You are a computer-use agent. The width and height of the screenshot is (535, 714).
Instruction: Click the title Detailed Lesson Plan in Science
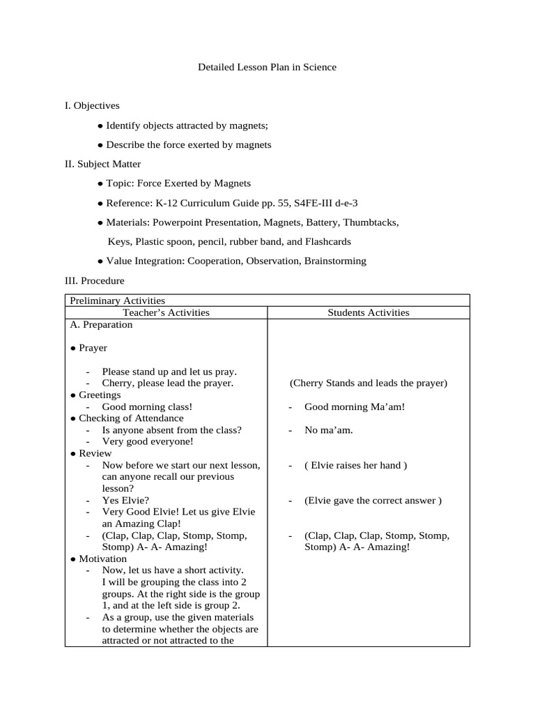click(267, 67)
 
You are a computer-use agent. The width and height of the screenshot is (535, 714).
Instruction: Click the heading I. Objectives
click(92, 105)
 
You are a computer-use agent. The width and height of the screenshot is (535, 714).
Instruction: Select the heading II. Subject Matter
click(102, 164)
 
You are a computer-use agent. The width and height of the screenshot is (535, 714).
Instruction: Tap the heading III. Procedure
click(94, 280)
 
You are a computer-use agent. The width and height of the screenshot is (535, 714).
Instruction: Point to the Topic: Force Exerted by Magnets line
click(174, 183)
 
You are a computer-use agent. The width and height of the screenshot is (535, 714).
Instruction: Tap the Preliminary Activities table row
click(117, 300)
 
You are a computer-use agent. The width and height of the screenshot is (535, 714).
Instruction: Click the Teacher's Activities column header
click(166, 312)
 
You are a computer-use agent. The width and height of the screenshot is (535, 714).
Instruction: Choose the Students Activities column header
click(369, 312)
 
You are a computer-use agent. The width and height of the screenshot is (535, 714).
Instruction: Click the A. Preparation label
click(101, 324)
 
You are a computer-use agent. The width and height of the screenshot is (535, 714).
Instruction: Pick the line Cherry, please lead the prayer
click(167, 383)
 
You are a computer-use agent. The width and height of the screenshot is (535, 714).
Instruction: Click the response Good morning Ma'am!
click(354, 407)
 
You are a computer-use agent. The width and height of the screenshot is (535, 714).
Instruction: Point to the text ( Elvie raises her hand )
click(355, 465)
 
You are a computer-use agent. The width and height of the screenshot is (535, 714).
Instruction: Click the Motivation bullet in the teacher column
click(102, 559)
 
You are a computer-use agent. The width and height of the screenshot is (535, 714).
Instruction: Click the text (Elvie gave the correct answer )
click(373, 500)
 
